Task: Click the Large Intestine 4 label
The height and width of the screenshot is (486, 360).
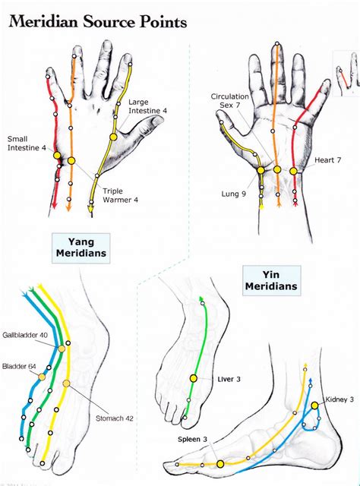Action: [148, 106]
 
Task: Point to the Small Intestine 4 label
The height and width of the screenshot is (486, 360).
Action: [27, 143]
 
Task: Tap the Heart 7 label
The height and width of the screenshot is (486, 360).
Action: [327, 161]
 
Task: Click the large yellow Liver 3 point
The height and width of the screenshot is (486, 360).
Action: [194, 377]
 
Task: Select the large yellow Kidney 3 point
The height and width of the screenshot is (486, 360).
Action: [314, 406]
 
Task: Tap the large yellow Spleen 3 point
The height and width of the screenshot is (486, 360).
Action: [220, 463]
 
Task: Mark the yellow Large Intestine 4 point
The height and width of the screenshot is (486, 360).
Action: [113, 137]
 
